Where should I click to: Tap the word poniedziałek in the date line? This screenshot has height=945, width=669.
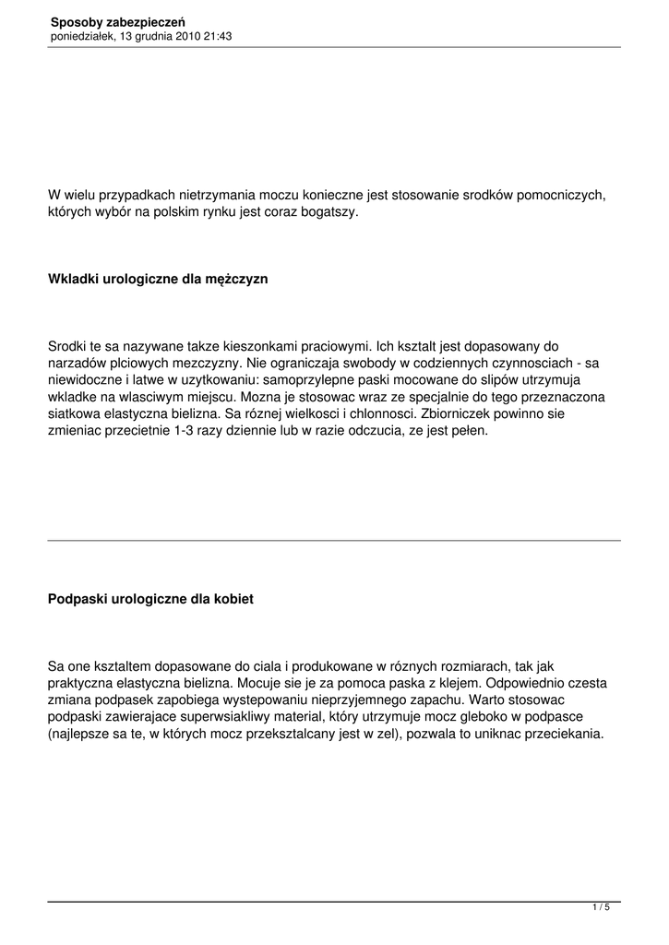point(82,36)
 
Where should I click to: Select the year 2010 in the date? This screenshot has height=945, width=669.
point(185,36)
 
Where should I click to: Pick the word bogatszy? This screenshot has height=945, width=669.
point(327,212)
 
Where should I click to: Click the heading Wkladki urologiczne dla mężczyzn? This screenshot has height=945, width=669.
point(158,278)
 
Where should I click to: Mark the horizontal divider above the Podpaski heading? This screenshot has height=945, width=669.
point(334,540)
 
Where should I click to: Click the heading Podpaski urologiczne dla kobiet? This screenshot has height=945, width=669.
point(150,599)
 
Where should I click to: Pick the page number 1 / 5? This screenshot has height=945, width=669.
point(601,908)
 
